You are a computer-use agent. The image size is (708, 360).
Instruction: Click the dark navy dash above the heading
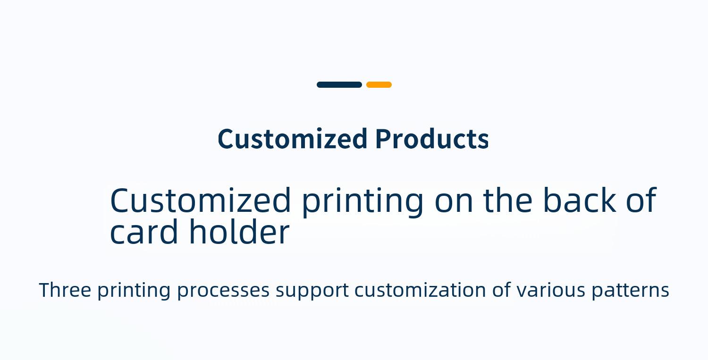pyautogui.click(x=339, y=85)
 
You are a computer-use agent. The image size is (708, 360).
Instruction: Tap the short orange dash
pyautogui.click(x=379, y=85)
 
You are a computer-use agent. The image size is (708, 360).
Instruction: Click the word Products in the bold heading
pyautogui.click(x=432, y=139)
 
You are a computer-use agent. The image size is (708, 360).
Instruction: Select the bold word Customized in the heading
pyautogui.click(x=292, y=139)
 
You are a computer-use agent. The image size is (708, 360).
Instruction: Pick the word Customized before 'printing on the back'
pyautogui.click(x=201, y=200)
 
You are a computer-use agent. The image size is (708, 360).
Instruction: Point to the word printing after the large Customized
pyautogui.click(x=362, y=201)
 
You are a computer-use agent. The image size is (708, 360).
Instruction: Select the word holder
pyautogui.click(x=239, y=231)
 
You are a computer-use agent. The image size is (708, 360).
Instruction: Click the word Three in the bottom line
pyautogui.click(x=65, y=290)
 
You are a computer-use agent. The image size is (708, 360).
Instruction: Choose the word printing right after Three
pyautogui.click(x=134, y=291)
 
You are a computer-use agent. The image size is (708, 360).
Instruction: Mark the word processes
pyautogui.click(x=223, y=291)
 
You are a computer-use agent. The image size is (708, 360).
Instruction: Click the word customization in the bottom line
pyautogui.click(x=420, y=290)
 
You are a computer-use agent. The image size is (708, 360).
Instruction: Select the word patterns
pyautogui.click(x=631, y=291)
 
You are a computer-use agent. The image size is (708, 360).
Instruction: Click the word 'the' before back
pyautogui.click(x=507, y=200)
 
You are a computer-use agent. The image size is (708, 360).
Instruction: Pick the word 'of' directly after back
pyautogui.click(x=641, y=200)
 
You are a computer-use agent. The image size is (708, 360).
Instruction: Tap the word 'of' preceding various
pyautogui.click(x=501, y=290)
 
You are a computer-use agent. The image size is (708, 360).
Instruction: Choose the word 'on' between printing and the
pyautogui.click(x=454, y=203)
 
